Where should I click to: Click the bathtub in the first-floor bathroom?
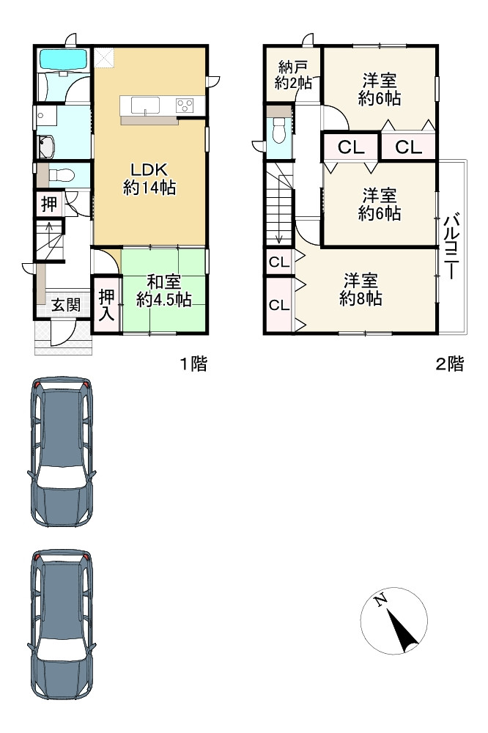pos(64,59)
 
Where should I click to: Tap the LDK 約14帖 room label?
pos(149,179)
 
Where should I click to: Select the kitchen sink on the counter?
pos(145,105)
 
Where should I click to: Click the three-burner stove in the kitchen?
pos(185,105)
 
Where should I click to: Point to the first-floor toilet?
pos(62,175)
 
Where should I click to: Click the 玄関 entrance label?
pos(65,305)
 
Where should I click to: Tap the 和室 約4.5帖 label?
pos(163,291)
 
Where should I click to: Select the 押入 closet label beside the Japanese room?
pos(106,305)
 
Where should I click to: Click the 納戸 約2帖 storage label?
pos(292,74)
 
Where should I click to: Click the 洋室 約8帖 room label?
pos(361,290)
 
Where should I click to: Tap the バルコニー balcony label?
pos(451,247)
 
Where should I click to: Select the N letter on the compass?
pos(381,599)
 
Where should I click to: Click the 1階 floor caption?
pos(194,364)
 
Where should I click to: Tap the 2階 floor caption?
pos(450,364)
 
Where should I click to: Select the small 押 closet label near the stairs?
pos(48,205)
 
